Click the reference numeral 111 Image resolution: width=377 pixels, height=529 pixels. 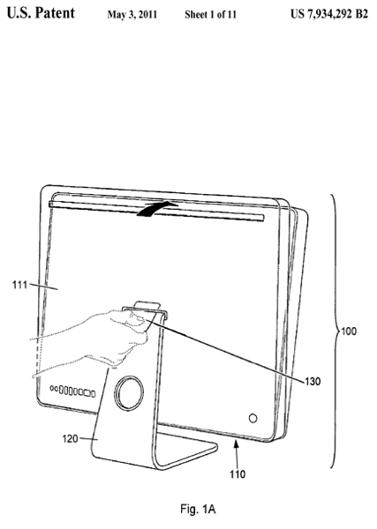[x=19, y=286]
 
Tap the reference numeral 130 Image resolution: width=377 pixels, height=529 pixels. [x=313, y=382]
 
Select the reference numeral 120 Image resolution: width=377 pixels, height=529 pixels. [x=70, y=439]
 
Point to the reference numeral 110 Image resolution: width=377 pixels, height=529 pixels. [x=238, y=474]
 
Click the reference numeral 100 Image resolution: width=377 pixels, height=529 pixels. [x=349, y=332]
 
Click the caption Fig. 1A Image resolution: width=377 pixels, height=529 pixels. [x=198, y=509]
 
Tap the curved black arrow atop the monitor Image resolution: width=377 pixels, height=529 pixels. [x=157, y=208]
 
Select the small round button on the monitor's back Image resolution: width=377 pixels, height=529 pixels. [x=253, y=418]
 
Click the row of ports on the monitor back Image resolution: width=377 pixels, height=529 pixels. [x=72, y=391]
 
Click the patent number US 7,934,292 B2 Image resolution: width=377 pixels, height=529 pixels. [x=329, y=14]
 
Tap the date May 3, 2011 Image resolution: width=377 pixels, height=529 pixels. [x=132, y=14]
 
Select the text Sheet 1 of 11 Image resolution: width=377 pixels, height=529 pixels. [x=210, y=14]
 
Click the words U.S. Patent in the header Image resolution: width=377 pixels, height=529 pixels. [x=41, y=13]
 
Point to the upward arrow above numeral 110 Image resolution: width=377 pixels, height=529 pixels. [x=237, y=454]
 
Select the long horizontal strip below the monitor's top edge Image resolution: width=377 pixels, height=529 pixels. [x=156, y=212]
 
